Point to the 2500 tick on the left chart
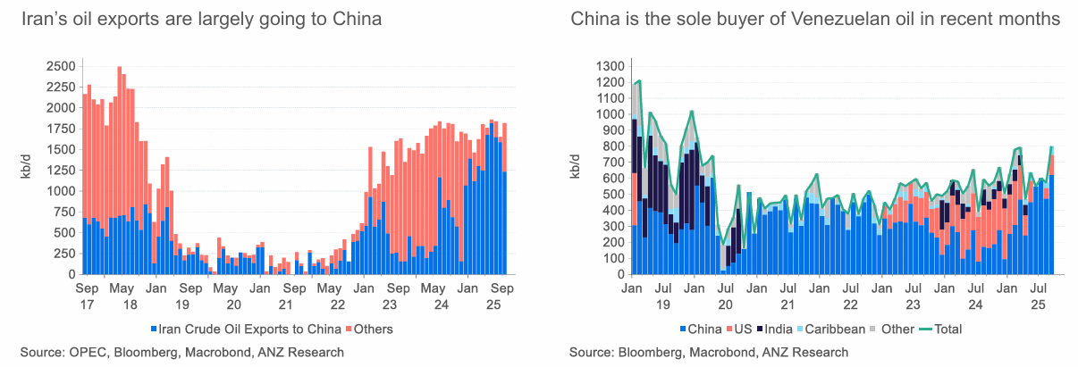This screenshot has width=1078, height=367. point(61,66)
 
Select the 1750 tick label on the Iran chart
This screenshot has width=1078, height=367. point(61,129)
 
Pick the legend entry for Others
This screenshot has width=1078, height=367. point(367,329)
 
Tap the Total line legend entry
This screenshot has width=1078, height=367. point(941,329)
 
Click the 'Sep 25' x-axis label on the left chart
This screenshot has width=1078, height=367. point(501,296)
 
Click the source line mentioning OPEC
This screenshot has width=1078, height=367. point(182,353)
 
